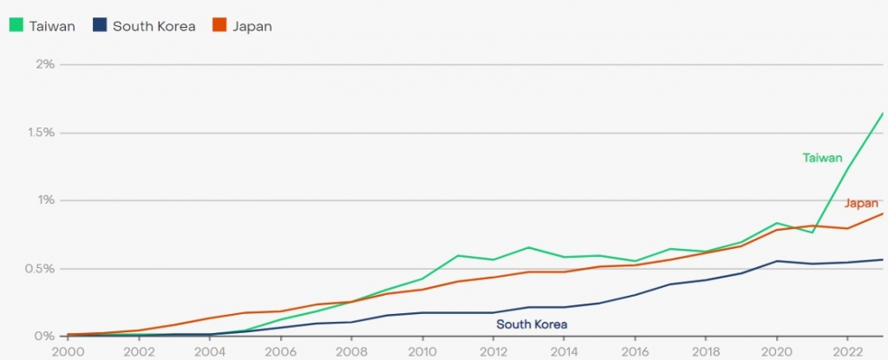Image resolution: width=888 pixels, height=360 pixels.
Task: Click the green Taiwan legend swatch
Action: (x=16, y=26)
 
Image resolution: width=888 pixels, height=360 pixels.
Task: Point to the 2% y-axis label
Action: (x=44, y=64)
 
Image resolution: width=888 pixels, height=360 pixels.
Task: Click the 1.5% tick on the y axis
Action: (x=39, y=132)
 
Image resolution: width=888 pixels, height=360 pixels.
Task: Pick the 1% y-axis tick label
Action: (x=44, y=200)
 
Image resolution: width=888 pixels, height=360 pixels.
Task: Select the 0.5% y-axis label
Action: (x=39, y=268)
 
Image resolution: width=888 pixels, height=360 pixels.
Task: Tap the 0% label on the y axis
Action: (x=44, y=336)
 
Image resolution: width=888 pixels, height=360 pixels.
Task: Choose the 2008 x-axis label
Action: (x=350, y=351)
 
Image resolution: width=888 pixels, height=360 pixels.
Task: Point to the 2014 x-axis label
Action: (x=564, y=351)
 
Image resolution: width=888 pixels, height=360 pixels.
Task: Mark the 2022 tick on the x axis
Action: (x=847, y=351)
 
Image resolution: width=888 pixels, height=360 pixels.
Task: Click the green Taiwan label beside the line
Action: (x=822, y=157)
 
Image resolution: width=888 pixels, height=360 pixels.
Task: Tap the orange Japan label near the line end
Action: (x=861, y=204)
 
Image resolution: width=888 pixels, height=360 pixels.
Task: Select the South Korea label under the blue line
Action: (x=532, y=324)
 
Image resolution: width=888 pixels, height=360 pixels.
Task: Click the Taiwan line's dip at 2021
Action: (x=812, y=232)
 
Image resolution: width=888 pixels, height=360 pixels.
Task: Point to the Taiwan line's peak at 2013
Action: (x=528, y=247)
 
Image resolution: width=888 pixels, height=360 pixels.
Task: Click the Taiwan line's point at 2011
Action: (x=457, y=256)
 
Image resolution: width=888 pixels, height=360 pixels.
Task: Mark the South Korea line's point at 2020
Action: (x=776, y=261)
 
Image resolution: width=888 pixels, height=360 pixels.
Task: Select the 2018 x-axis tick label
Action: (x=705, y=351)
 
